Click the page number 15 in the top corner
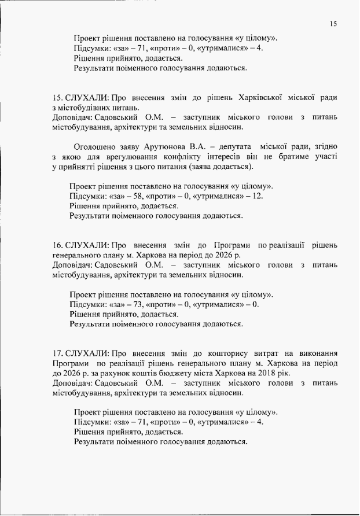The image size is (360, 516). [x=332, y=24]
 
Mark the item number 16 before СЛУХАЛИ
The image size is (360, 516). [x=57, y=245]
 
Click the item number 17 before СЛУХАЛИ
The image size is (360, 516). [x=57, y=352]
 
